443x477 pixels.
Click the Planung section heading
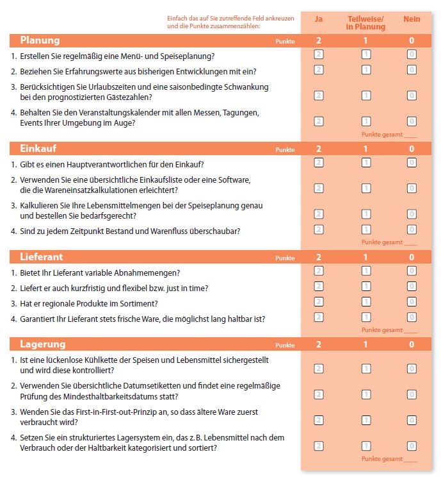click(x=40, y=40)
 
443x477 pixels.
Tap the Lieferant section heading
click(x=42, y=257)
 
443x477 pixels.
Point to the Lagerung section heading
click(x=42, y=344)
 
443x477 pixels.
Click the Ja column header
click(x=319, y=19)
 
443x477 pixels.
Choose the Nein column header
click(x=412, y=19)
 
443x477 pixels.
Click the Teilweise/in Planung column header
click(x=366, y=23)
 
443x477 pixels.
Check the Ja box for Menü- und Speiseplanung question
click(x=319, y=54)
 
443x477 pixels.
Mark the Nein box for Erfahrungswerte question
click(x=412, y=70)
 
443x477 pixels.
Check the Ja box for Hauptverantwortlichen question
click(x=319, y=163)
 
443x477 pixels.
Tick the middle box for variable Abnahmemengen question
click(x=366, y=272)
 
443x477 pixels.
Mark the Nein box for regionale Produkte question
click(x=412, y=302)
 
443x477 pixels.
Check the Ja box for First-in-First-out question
click(x=319, y=420)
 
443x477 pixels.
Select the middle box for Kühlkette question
click(x=366, y=369)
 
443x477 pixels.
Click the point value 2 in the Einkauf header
click(x=319, y=149)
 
